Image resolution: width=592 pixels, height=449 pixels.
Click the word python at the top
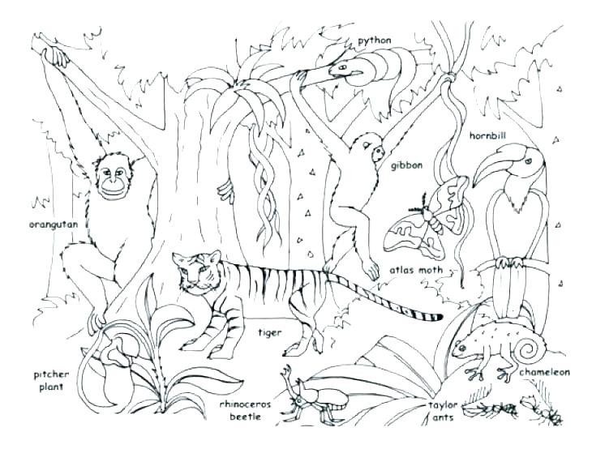[x=375, y=40]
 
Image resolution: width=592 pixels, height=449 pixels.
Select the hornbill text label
[x=489, y=134]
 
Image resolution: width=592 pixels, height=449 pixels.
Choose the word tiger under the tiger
[x=269, y=331]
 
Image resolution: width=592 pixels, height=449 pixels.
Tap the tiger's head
[x=194, y=273]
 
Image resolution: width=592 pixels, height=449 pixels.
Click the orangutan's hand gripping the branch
[x=54, y=55]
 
